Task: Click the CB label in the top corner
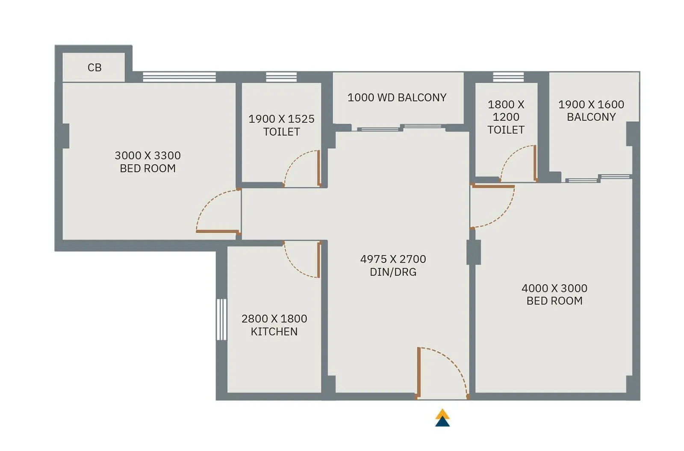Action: (x=94, y=67)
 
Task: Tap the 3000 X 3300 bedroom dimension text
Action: (x=147, y=161)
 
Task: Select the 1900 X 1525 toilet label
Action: (x=281, y=125)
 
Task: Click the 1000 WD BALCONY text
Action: (x=397, y=97)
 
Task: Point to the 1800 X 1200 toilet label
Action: (x=506, y=117)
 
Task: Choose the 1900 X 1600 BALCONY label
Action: (x=591, y=110)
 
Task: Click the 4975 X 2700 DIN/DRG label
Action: (x=393, y=265)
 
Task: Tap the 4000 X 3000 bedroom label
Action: (x=554, y=294)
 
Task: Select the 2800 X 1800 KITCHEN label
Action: (x=274, y=325)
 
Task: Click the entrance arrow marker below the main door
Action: (x=442, y=419)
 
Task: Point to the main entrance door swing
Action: (x=442, y=372)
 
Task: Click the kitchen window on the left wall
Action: (x=221, y=319)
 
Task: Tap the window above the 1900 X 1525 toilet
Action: (x=281, y=77)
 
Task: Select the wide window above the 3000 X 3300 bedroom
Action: (x=179, y=77)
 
